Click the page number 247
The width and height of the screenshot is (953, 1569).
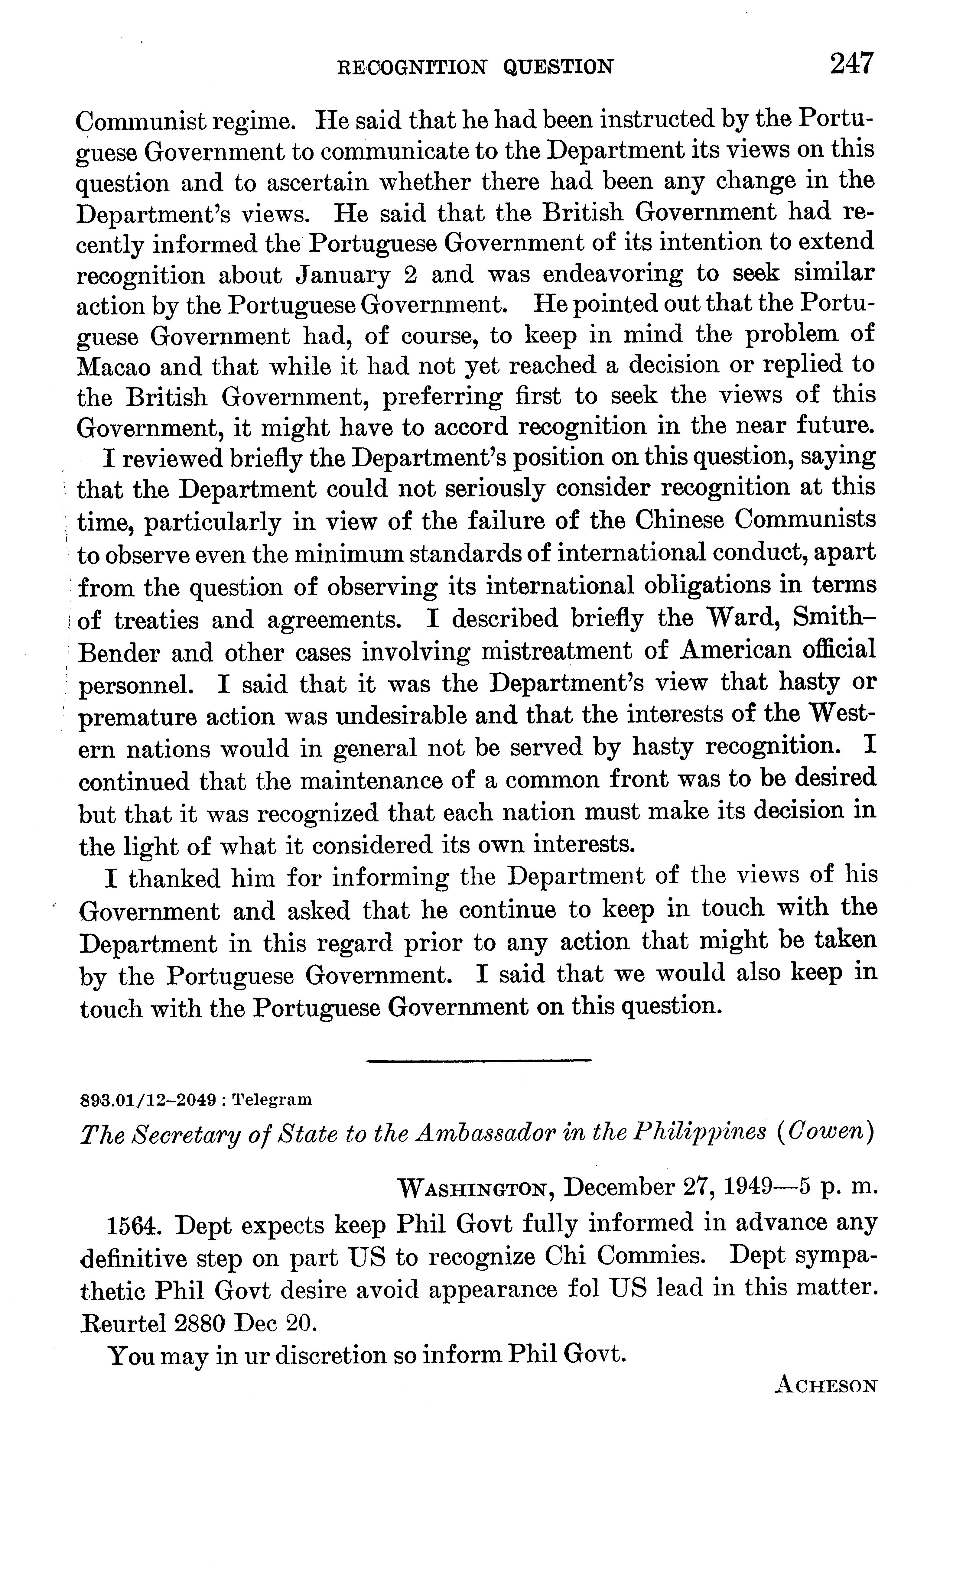tap(852, 64)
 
